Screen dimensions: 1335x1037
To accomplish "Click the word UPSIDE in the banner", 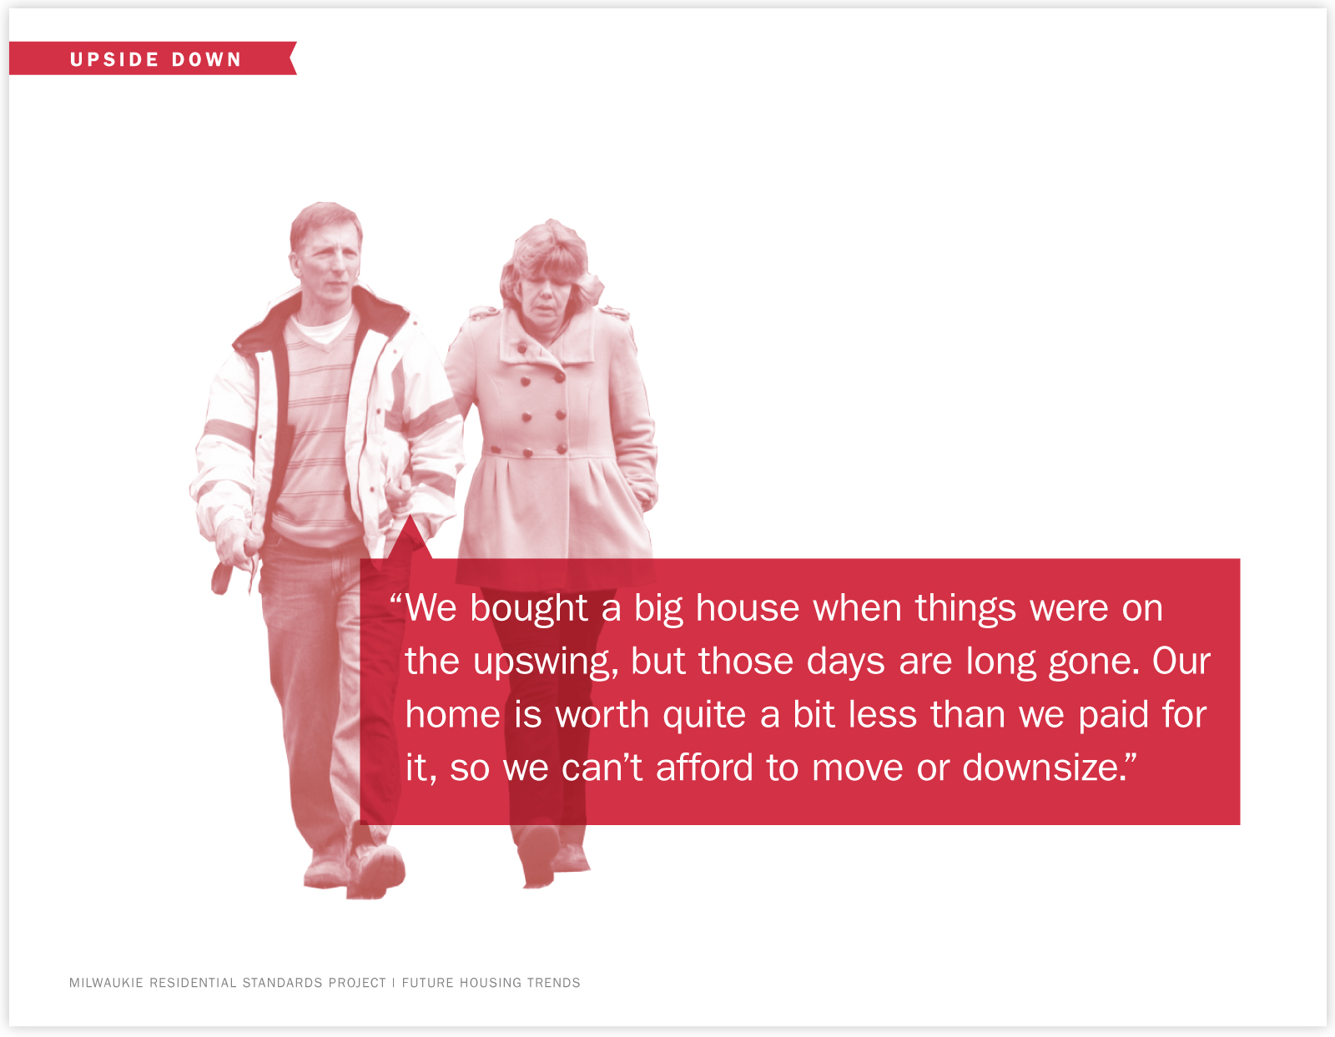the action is pyautogui.click(x=114, y=59).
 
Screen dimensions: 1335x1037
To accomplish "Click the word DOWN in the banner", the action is pyautogui.click(x=206, y=59).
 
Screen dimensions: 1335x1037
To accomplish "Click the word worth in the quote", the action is pyautogui.click(x=602, y=715).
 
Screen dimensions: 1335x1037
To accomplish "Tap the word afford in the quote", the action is pyautogui.click(x=704, y=768).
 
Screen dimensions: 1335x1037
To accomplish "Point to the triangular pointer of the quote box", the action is pyautogui.click(x=410, y=538).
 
